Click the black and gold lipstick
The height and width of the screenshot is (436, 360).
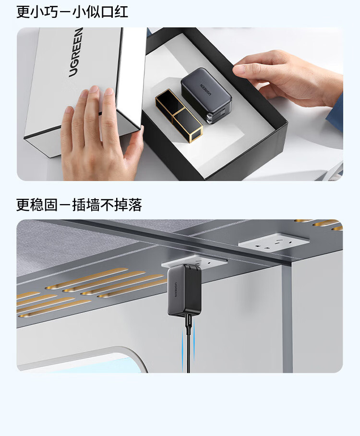[179, 115]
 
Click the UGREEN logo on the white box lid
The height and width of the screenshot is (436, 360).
[76, 52]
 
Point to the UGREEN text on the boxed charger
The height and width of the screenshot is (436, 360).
[205, 89]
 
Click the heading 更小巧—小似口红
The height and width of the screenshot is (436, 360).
[72, 12]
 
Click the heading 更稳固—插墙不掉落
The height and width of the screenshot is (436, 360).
[79, 205]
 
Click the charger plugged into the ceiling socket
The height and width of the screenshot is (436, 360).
[184, 290]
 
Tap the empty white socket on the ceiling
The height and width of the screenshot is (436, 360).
[274, 242]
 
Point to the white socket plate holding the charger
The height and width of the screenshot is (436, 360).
[194, 262]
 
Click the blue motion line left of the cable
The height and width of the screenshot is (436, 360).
[183, 346]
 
